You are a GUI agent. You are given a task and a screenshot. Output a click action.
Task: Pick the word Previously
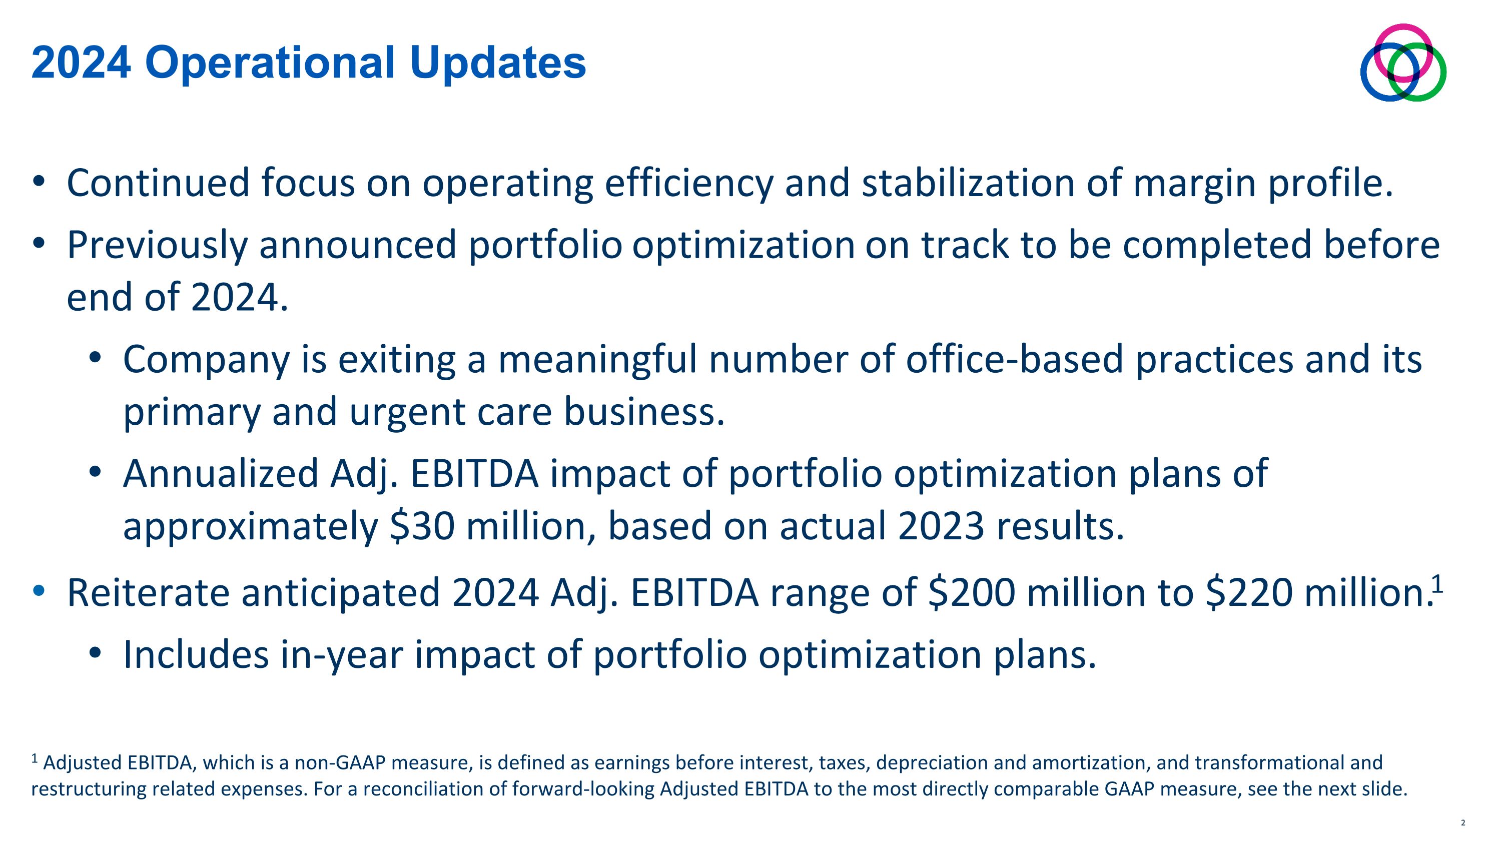(157, 245)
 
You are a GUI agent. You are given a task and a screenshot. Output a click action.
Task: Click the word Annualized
(220, 473)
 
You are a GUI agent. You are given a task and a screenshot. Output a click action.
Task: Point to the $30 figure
(422, 525)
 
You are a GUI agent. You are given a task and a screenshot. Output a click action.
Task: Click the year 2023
(941, 525)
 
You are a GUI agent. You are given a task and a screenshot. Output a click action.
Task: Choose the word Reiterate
(149, 592)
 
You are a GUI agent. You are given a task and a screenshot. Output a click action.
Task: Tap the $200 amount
(971, 592)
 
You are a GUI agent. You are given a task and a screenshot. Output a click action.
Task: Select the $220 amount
(1249, 592)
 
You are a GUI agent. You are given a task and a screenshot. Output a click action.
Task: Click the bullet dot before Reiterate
(39, 591)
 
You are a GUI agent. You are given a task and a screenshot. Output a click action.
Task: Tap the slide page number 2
(1462, 823)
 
